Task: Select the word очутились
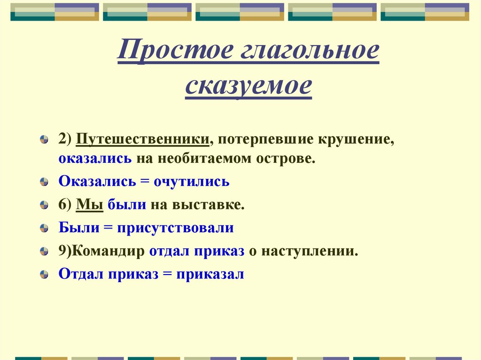[x=192, y=181]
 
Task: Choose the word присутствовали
[x=176, y=228]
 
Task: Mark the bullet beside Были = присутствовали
[x=44, y=229]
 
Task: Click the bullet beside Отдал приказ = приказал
[x=44, y=275]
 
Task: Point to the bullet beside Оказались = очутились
[x=44, y=182]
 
